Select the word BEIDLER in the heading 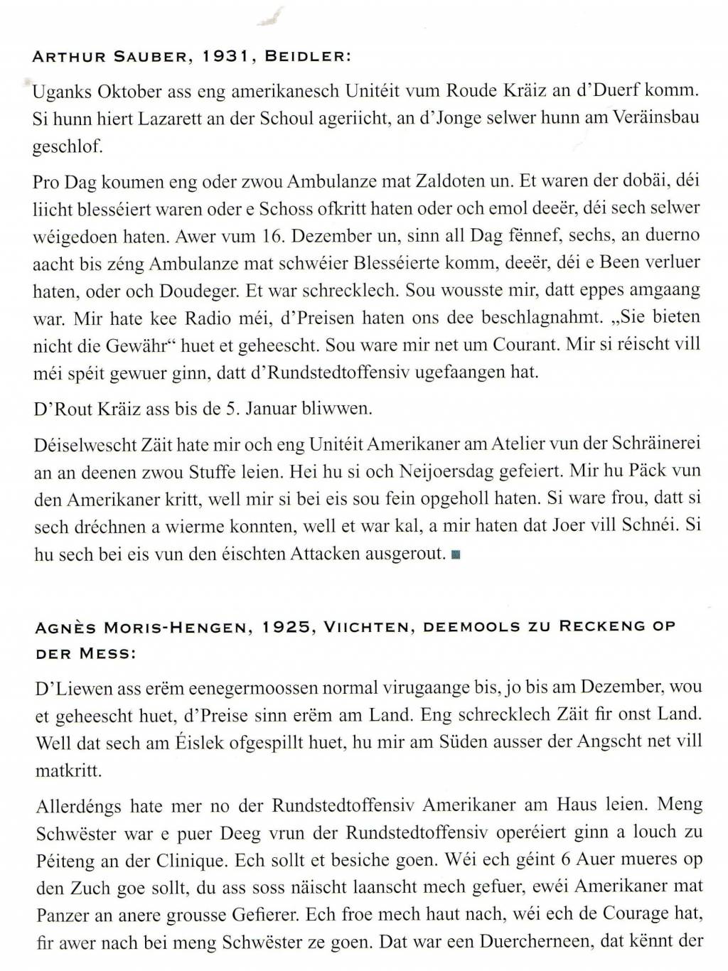tap(307, 60)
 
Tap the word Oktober tap(129, 91)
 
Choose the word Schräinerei tap(657, 444)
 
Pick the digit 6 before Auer tap(567, 859)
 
